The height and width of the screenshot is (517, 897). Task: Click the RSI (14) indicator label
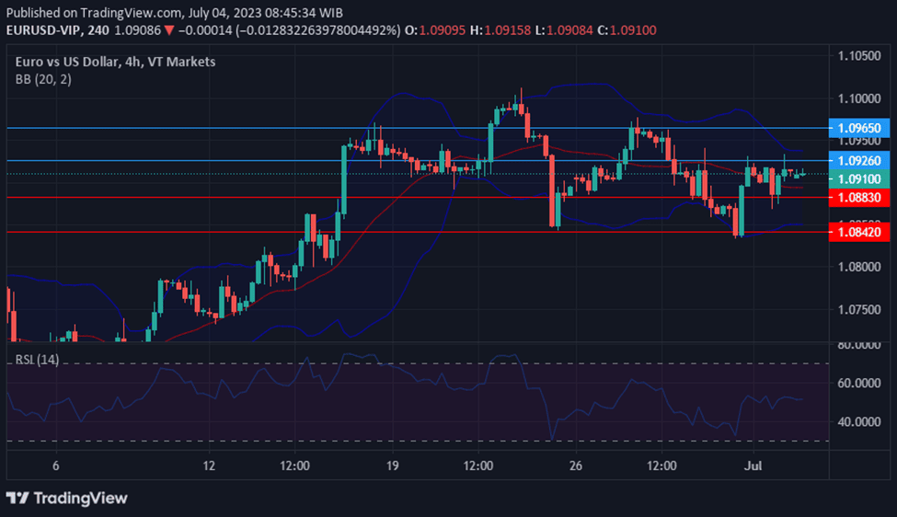[37, 359]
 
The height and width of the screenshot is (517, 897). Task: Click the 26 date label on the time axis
[576, 466]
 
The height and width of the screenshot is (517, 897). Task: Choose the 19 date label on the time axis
[393, 466]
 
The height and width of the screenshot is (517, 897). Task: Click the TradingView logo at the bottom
[67, 498]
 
